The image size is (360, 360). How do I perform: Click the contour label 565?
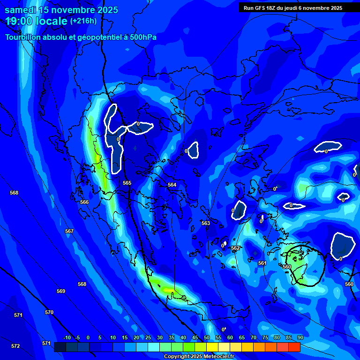(127, 183)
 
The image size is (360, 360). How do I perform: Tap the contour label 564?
(172, 185)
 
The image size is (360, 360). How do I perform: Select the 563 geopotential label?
(206, 223)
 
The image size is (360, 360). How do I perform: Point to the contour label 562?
(235, 248)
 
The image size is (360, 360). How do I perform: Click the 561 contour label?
(262, 263)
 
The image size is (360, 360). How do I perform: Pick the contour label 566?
(84, 202)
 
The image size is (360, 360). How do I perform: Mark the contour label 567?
(69, 231)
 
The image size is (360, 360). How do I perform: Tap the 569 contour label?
(61, 291)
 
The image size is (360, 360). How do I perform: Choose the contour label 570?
(49, 312)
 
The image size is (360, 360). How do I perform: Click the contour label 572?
(15, 346)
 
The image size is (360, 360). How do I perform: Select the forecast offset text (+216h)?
(83, 21)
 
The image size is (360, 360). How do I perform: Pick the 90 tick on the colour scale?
(300, 337)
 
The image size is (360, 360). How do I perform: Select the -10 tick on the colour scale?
(67, 337)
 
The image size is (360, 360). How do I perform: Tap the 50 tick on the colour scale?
(207, 337)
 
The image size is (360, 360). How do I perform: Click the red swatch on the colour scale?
(294, 347)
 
